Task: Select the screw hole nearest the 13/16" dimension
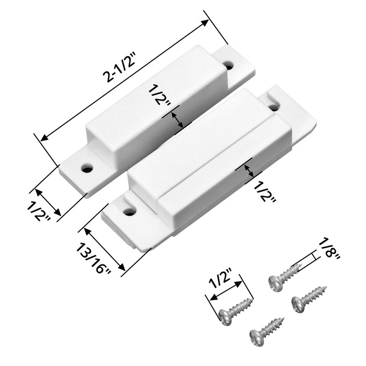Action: (129, 211)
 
